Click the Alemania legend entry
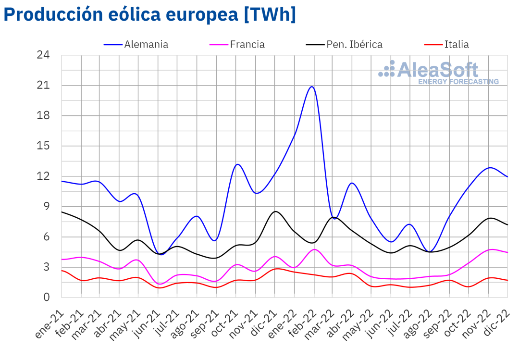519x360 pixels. pyautogui.click(x=146, y=45)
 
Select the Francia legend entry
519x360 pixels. pyautogui.click(x=247, y=45)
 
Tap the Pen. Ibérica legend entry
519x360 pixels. pyautogui.click(x=354, y=45)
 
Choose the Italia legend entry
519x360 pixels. pyautogui.click(x=456, y=45)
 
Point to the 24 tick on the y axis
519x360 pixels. pyautogui.click(x=43, y=55)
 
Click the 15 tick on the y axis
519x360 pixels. pyautogui.click(x=43, y=146)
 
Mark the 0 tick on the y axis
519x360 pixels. pyautogui.click(x=46, y=297)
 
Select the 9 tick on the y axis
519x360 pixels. pyautogui.click(x=46, y=207)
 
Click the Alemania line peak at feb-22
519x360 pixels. pyautogui.click(x=312, y=87)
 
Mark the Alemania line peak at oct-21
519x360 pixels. pyautogui.click(x=237, y=164)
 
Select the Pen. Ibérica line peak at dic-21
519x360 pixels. pyautogui.click(x=275, y=211)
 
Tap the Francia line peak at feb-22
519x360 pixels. pyautogui.click(x=314, y=249)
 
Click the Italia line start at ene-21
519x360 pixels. pyautogui.click(x=62, y=271)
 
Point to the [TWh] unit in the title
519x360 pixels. pyautogui.click(x=270, y=14)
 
